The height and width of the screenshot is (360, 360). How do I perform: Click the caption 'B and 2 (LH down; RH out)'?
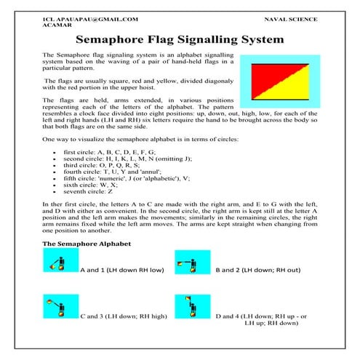click(259, 271)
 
